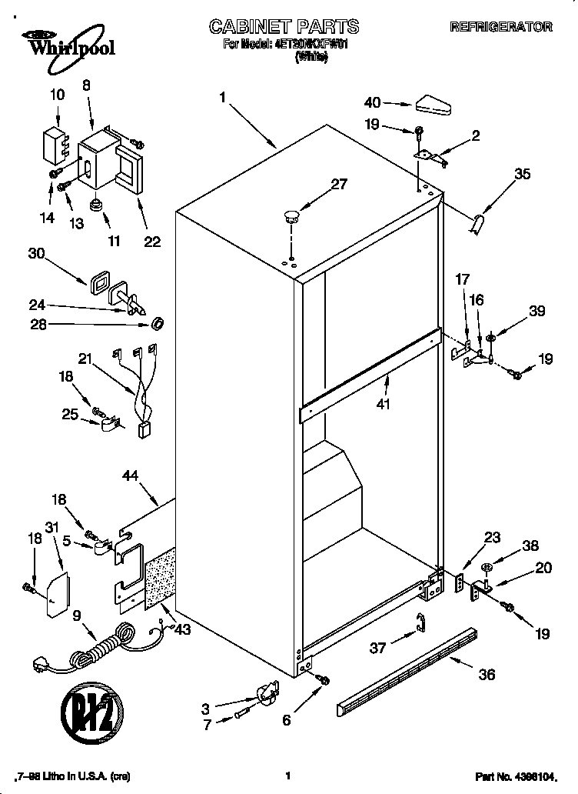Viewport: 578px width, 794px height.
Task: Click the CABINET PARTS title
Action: [284, 27]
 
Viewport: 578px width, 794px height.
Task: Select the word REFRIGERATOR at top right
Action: [500, 27]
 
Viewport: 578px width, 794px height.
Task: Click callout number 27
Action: [339, 184]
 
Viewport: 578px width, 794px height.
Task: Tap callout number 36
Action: [486, 675]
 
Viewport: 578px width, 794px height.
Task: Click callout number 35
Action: [522, 174]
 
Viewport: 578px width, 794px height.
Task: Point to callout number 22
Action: [152, 242]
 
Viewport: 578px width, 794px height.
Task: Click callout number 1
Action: [222, 98]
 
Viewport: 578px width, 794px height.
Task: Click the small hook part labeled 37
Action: [420, 625]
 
